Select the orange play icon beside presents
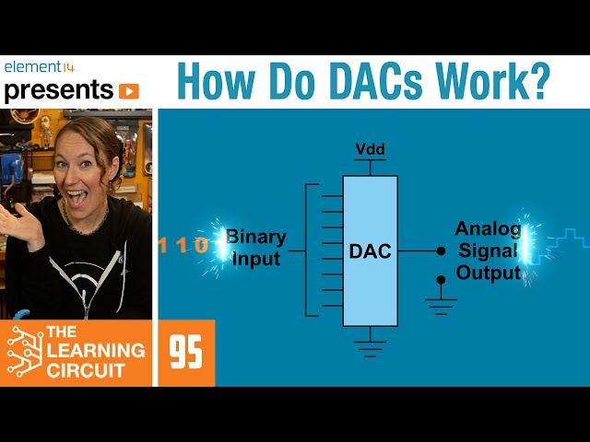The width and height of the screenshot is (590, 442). point(128,91)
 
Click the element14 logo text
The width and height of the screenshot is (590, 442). point(39,67)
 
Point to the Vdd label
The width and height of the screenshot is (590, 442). point(370,149)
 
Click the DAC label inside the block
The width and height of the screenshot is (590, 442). point(370,250)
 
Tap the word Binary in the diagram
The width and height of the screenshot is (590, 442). point(255,237)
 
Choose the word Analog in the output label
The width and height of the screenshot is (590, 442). point(489,229)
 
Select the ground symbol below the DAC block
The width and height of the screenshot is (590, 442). point(370,348)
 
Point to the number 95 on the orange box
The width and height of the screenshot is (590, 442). point(186,353)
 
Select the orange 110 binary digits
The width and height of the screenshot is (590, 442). point(183,246)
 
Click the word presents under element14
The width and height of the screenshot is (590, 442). point(57,90)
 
